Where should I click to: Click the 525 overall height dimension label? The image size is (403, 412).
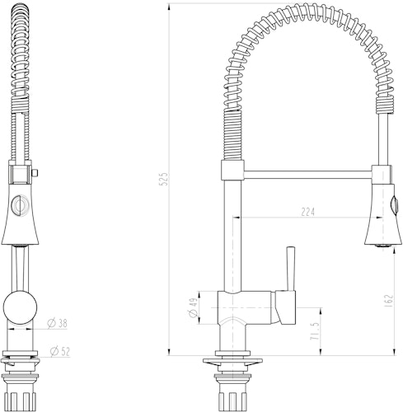[163, 179]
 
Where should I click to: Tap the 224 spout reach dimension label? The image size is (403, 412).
[307, 212]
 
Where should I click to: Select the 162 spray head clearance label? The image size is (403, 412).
[390, 301]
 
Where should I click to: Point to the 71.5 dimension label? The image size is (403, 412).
[315, 330]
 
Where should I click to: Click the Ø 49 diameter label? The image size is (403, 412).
[194, 307]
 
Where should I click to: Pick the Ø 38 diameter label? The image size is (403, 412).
[57, 323]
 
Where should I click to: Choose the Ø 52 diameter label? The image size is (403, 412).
[60, 351]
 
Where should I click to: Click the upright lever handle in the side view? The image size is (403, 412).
[290, 269]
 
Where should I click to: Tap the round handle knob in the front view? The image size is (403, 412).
[20, 307]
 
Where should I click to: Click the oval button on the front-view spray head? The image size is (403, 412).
[19, 205]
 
